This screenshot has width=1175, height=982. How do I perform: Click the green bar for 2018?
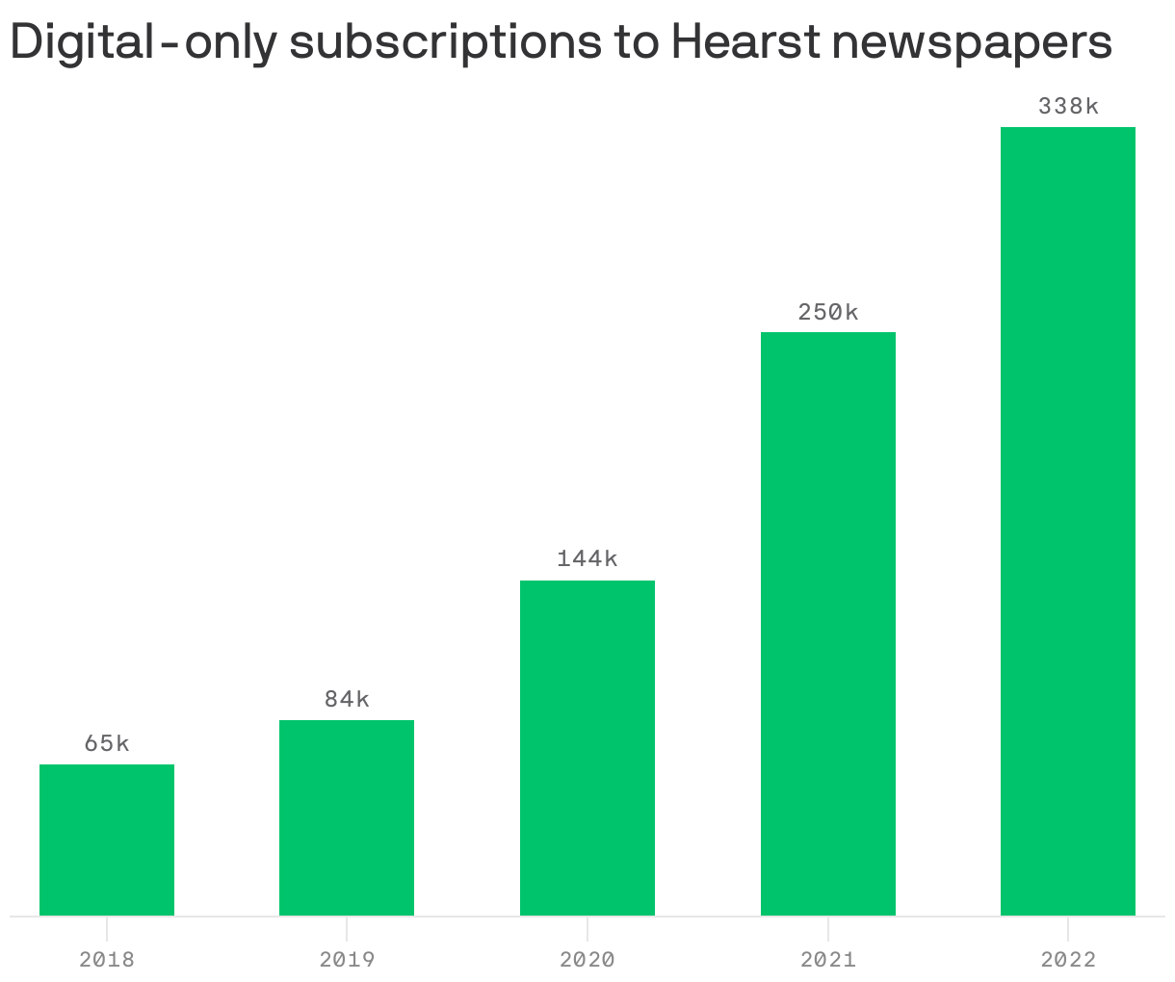107,840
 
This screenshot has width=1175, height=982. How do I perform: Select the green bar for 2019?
347,817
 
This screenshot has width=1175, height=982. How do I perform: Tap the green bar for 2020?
587,748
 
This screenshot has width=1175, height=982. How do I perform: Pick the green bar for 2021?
828,624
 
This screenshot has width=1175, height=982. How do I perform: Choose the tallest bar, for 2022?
1068,521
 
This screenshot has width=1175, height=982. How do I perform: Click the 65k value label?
107,743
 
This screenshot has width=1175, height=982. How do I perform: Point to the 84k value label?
347,699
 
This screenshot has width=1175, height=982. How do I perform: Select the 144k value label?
587,558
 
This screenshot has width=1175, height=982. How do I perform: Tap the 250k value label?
828,312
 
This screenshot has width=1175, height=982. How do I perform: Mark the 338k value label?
1068,106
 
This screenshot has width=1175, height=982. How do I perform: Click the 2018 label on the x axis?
107,960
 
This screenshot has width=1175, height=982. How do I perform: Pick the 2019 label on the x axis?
347,960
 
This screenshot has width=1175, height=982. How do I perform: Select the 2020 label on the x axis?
587,960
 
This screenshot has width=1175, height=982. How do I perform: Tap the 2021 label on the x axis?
828,960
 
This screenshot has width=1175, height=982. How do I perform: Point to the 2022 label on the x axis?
1068,960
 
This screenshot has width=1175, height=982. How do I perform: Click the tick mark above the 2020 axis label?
587,926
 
